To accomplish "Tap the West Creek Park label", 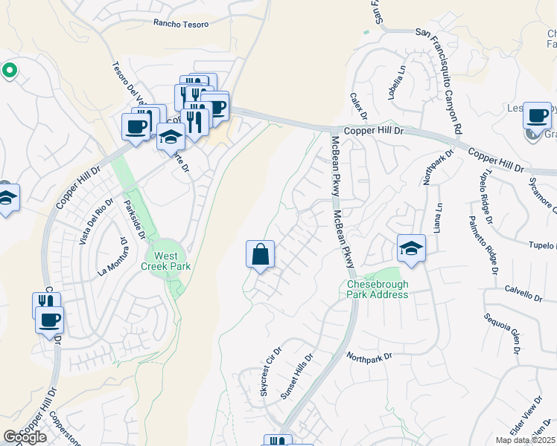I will click(x=167, y=261).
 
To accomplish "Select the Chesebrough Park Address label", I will click(x=378, y=289).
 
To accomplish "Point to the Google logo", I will click(x=25, y=437).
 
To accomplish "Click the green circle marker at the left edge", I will click(x=9, y=71).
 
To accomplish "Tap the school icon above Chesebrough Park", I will click(x=411, y=249).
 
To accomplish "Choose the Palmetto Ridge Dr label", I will click(x=483, y=245).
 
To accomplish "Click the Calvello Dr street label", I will click(x=523, y=294).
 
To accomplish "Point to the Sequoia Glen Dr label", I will click(x=501, y=327).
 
